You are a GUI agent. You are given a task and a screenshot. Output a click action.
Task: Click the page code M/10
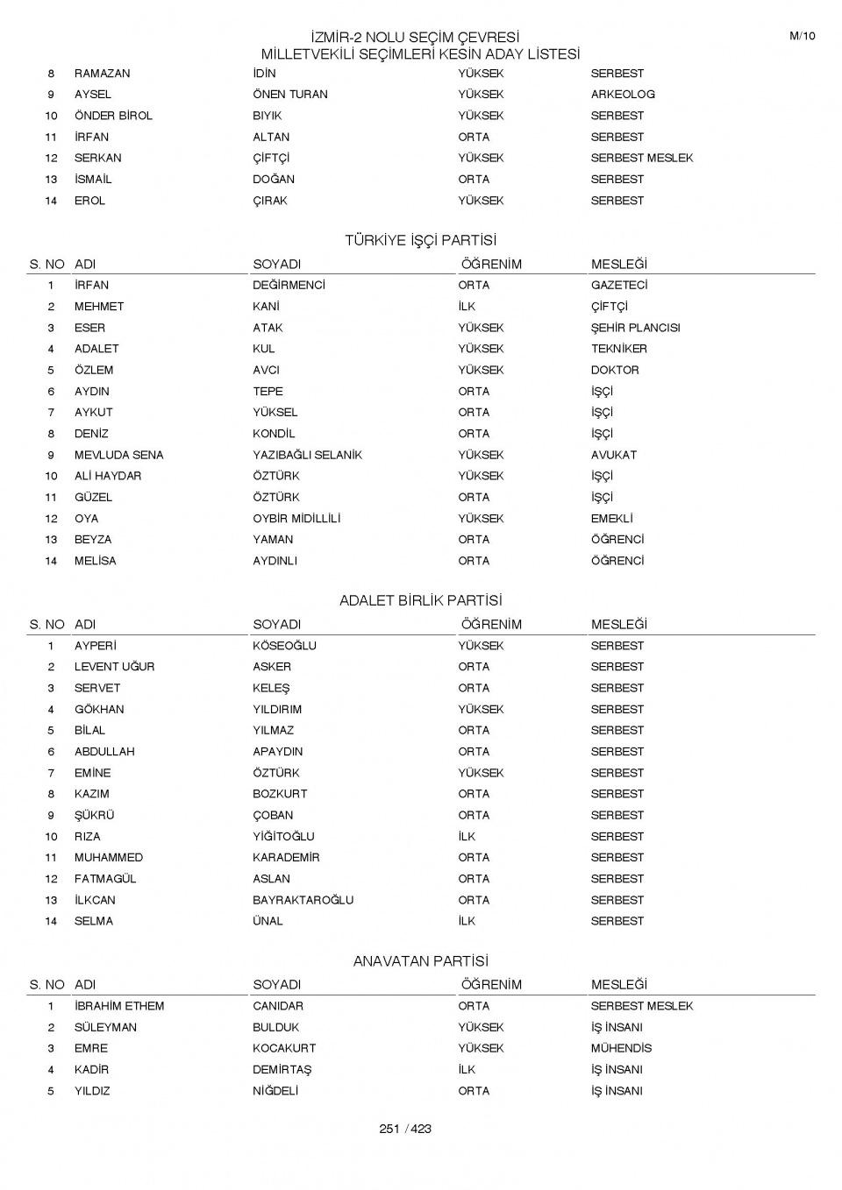tap(802, 36)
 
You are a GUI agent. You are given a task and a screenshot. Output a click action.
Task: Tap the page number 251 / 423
tap(405, 1129)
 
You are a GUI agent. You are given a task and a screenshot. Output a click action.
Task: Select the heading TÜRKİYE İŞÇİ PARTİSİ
tap(420, 240)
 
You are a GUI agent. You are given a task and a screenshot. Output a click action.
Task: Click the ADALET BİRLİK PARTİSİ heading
tap(420, 600)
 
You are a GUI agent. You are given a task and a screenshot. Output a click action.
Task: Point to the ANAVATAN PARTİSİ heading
tap(420, 961)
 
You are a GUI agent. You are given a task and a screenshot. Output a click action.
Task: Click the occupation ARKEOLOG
tap(623, 95)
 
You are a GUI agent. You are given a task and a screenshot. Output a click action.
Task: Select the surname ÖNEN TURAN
tap(290, 95)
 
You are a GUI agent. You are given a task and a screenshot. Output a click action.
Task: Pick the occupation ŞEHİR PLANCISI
tap(635, 328)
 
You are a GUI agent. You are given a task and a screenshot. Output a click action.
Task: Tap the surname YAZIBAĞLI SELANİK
tap(307, 455)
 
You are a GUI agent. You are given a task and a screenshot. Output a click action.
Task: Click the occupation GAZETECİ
tap(619, 286)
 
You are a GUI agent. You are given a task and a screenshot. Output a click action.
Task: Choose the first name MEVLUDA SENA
tap(118, 455)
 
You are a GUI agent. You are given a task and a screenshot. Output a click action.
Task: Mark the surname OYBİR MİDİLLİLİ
tap(296, 519)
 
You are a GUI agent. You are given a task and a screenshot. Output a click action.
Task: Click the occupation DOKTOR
tap(615, 370)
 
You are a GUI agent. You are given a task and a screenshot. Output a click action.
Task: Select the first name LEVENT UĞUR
tap(114, 667)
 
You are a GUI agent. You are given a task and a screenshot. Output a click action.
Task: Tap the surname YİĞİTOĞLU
tap(283, 836)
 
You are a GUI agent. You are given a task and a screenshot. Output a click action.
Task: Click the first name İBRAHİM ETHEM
tap(119, 1006)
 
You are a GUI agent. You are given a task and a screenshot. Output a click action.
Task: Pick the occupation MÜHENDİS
tap(621, 1048)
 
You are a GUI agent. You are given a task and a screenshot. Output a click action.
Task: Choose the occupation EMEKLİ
tap(611, 519)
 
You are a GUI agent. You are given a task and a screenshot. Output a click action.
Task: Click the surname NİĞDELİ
tap(275, 1091)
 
